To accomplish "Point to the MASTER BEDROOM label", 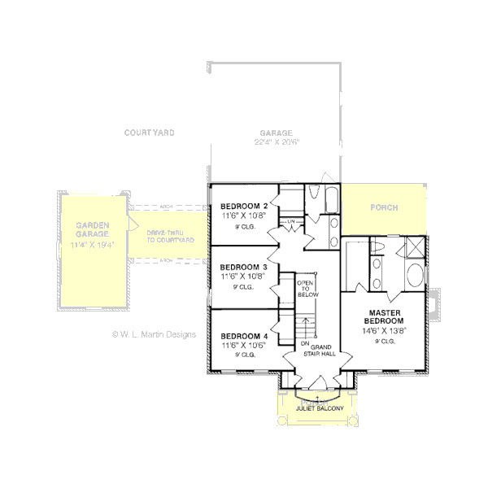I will tap(386, 316).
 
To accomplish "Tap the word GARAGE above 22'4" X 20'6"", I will tap(277, 133).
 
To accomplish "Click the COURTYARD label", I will tap(149, 133).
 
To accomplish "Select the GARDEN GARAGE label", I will tap(94, 229).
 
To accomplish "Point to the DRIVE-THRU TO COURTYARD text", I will tap(170, 237).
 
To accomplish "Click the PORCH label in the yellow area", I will tap(384, 207).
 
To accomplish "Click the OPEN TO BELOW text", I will tap(305, 289).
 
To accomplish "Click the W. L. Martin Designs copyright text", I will tap(154, 334).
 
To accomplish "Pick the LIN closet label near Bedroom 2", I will tap(290, 221).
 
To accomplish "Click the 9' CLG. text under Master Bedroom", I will tap(386, 342).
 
